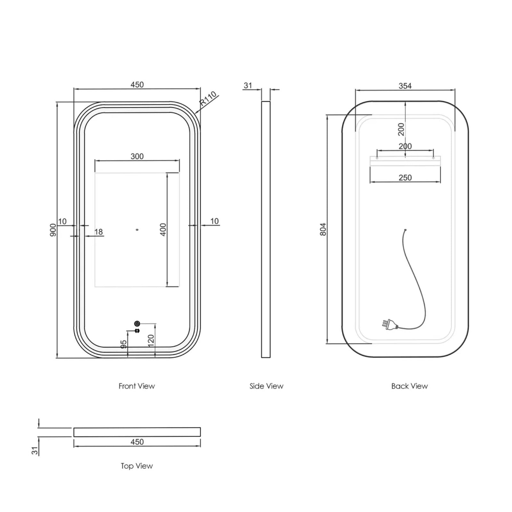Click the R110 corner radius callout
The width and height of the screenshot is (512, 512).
coord(208,99)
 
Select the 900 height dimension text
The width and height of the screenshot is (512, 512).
coord(53,230)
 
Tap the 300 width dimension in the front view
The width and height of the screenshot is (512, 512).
coord(137,156)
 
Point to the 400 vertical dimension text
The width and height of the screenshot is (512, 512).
coord(163,229)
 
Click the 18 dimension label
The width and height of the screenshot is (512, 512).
coord(99,232)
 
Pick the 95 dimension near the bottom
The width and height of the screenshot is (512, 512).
coord(124,344)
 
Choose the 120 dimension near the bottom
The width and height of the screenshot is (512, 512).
coord(151,339)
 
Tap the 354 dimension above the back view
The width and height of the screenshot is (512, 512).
coord(405,86)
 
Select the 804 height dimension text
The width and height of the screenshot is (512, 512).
coord(323,229)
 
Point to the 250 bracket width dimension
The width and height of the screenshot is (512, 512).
coord(405,178)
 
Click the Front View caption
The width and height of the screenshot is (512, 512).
coord(137,386)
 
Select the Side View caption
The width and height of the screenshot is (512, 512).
coord(266,386)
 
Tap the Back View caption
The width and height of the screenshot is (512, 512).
coord(409,386)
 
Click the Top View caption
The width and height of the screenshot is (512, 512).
coord(137,466)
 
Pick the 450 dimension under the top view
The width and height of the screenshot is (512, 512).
coord(137,442)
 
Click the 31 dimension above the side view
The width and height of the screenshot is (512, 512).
coord(248,85)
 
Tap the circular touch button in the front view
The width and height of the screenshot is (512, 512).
coord(137,323)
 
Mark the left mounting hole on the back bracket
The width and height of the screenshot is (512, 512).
coord(377,158)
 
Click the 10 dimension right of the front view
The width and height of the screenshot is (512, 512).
coord(214,221)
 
